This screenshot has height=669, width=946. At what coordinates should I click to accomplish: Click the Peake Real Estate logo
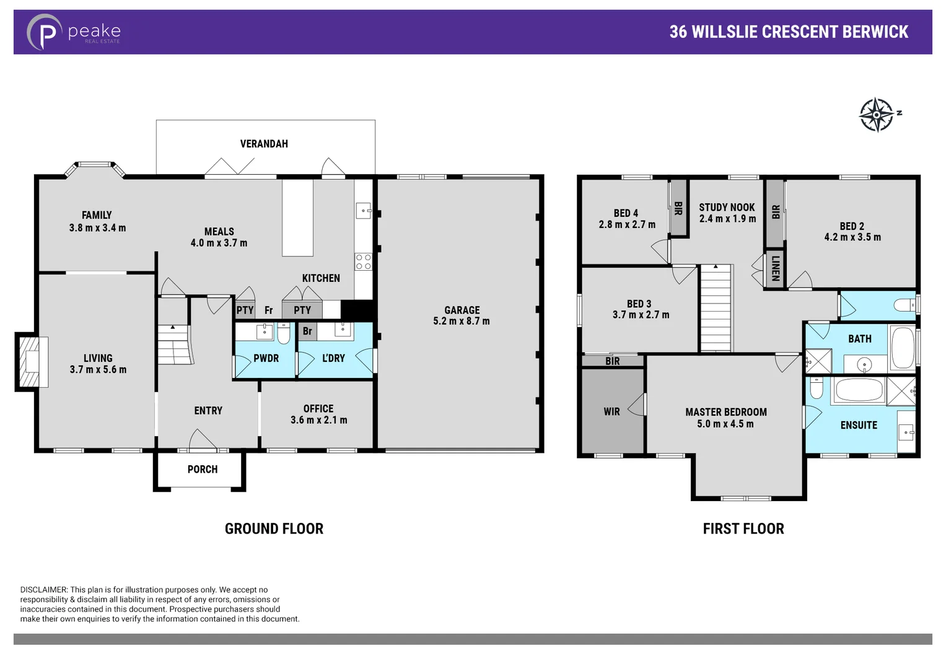pyautogui.click(x=73, y=32)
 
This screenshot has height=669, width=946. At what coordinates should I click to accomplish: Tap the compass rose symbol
pyautogui.click(x=877, y=115)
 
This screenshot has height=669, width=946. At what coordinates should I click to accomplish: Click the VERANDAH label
pyautogui.click(x=264, y=144)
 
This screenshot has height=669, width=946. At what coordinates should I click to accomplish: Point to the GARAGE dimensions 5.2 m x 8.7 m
pyautogui.click(x=462, y=321)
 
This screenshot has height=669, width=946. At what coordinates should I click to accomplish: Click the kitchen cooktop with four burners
pyautogui.click(x=363, y=261)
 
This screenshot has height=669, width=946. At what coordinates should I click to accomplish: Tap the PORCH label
pyautogui.click(x=203, y=470)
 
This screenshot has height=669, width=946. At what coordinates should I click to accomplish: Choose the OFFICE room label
pyautogui.click(x=318, y=409)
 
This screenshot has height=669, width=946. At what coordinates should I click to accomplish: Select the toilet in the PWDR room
pyautogui.click(x=283, y=334)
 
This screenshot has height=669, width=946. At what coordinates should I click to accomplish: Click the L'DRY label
pyautogui.click(x=333, y=358)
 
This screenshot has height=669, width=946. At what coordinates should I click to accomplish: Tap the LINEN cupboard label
pyautogui.click(x=775, y=269)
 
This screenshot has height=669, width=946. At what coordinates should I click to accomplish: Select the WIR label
pyautogui.click(x=611, y=411)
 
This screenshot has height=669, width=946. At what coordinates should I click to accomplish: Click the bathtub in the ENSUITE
pyautogui.click(x=859, y=390)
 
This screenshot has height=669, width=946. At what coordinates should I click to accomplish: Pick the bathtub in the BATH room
pyautogui.click(x=902, y=348)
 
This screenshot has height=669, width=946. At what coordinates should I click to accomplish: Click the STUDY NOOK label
pyautogui.click(x=727, y=208)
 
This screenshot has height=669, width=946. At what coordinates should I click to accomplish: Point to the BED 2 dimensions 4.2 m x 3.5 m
pyautogui.click(x=852, y=237)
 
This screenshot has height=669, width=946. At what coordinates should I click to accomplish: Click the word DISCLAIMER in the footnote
pyautogui.click(x=43, y=590)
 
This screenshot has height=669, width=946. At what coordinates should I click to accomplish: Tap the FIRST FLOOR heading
pyautogui.click(x=743, y=528)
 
